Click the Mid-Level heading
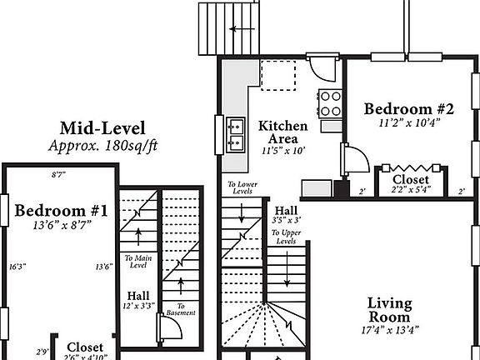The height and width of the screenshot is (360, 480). [102, 128]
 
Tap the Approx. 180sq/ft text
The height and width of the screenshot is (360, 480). [102, 145]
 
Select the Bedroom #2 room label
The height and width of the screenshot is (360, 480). [408, 109]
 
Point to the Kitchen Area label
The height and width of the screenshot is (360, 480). [282, 132]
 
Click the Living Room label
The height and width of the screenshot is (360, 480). [389, 310]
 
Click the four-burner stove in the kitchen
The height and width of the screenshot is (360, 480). [331, 103]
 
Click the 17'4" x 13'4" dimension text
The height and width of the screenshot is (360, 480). [389, 332]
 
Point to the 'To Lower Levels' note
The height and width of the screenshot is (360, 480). [242, 188]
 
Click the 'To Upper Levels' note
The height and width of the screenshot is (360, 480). [287, 236]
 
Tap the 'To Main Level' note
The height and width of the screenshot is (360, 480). [139, 262]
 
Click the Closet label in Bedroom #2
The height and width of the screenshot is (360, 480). [410, 179]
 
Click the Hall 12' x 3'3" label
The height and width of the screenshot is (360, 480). [138, 301]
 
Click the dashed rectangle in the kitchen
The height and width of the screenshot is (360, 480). [279, 73]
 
